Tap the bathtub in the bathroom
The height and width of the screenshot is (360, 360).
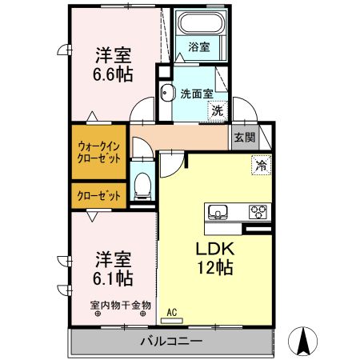200,23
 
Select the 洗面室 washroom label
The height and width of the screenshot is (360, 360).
197,92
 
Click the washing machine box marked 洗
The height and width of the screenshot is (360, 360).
218,111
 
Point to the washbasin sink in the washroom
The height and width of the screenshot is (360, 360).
166,94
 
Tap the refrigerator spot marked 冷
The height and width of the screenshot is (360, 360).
260,166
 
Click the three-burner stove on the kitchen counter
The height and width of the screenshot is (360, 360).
258,212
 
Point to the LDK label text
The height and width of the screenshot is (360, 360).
214,249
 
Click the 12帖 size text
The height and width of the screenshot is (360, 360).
215,269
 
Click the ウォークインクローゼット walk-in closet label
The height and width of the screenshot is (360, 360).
100,152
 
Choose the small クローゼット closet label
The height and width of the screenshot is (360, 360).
100,196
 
